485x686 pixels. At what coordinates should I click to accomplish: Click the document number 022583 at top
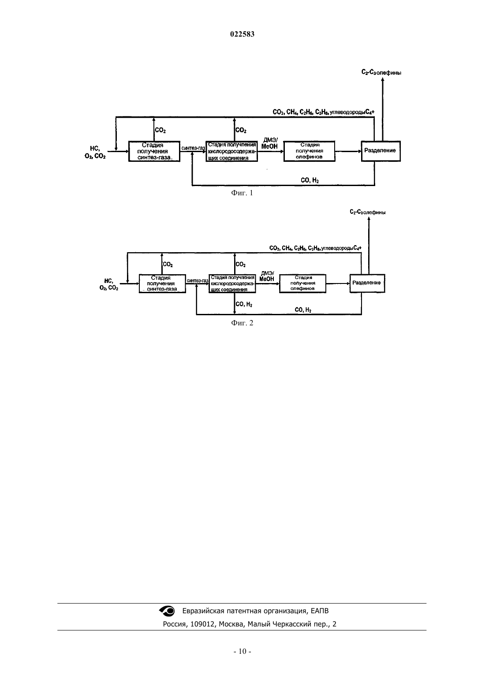click(x=242, y=34)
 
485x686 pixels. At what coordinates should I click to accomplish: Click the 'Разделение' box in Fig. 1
click(x=381, y=151)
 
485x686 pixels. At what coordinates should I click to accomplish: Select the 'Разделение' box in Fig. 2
click(x=367, y=283)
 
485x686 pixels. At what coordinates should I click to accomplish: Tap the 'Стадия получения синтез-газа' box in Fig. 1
click(x=154, y=151)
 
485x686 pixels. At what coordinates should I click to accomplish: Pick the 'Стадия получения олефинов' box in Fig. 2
click(x=302, y=283)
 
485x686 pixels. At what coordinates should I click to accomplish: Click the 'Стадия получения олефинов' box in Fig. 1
click(x=309, y=151)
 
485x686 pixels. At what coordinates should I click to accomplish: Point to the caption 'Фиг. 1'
click(x=242, y=193)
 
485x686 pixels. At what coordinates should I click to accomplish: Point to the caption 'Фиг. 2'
click(x=242, y=323)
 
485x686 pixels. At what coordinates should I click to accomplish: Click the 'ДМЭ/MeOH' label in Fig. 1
click(x=269, y=143)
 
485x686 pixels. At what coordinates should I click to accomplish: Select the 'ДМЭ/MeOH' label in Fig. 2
click(x=267, y=276)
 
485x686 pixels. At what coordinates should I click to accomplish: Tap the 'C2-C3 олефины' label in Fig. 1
click(x=381, y=73)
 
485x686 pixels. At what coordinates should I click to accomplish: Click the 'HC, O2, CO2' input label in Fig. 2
click(x=109, y=284)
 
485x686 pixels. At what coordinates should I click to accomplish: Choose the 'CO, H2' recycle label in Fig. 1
click(x=310, y=180)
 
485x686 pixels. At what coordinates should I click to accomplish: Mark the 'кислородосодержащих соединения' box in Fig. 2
click(x=232, y=283)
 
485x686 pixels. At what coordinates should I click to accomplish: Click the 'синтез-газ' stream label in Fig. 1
click(x=193, y=148)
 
